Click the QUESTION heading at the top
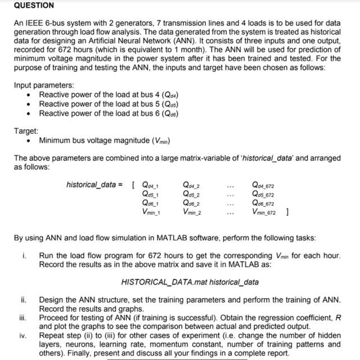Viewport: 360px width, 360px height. pos(34,5)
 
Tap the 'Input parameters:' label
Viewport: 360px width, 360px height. pos(44,85)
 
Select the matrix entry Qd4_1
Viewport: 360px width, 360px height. pos(151,184)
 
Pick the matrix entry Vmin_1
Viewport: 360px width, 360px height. pos(151,212)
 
